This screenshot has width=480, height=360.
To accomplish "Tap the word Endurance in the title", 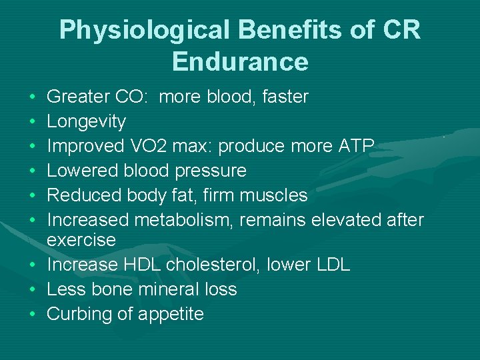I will click(240, 61).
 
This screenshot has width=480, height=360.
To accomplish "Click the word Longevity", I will click(86, 121).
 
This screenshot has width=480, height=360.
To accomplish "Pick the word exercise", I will click(81, 239).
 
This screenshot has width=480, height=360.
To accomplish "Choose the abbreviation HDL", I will click(142, 265).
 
